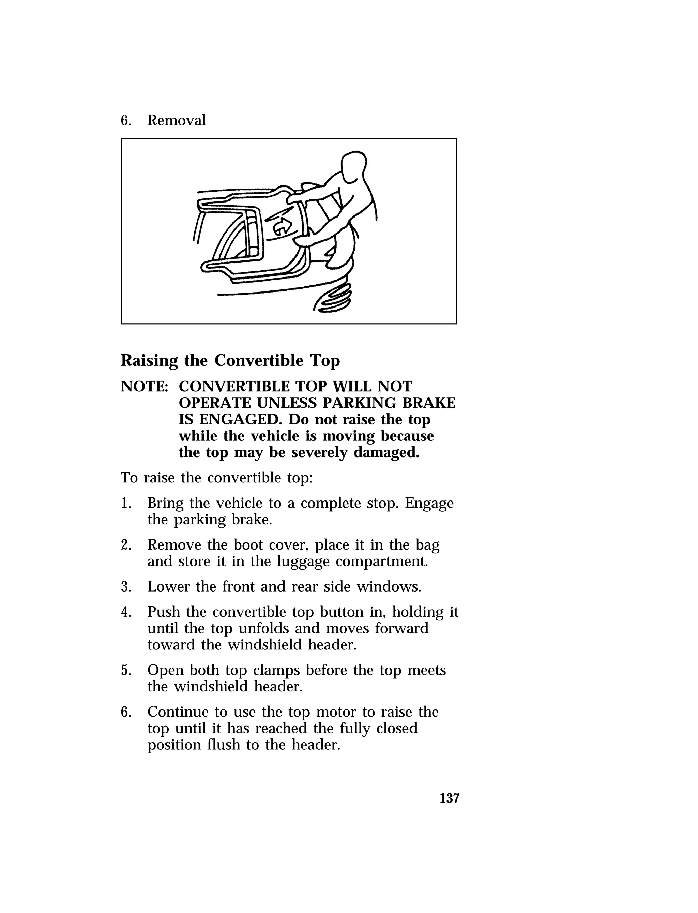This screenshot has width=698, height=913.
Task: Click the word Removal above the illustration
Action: point(176,120)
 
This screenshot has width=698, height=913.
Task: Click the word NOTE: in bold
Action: point(144,387)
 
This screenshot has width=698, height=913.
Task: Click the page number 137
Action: point(450,798)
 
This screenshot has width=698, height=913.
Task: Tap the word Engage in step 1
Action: point(429,504)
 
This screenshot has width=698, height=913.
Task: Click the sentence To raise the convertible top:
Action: point(216,478)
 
